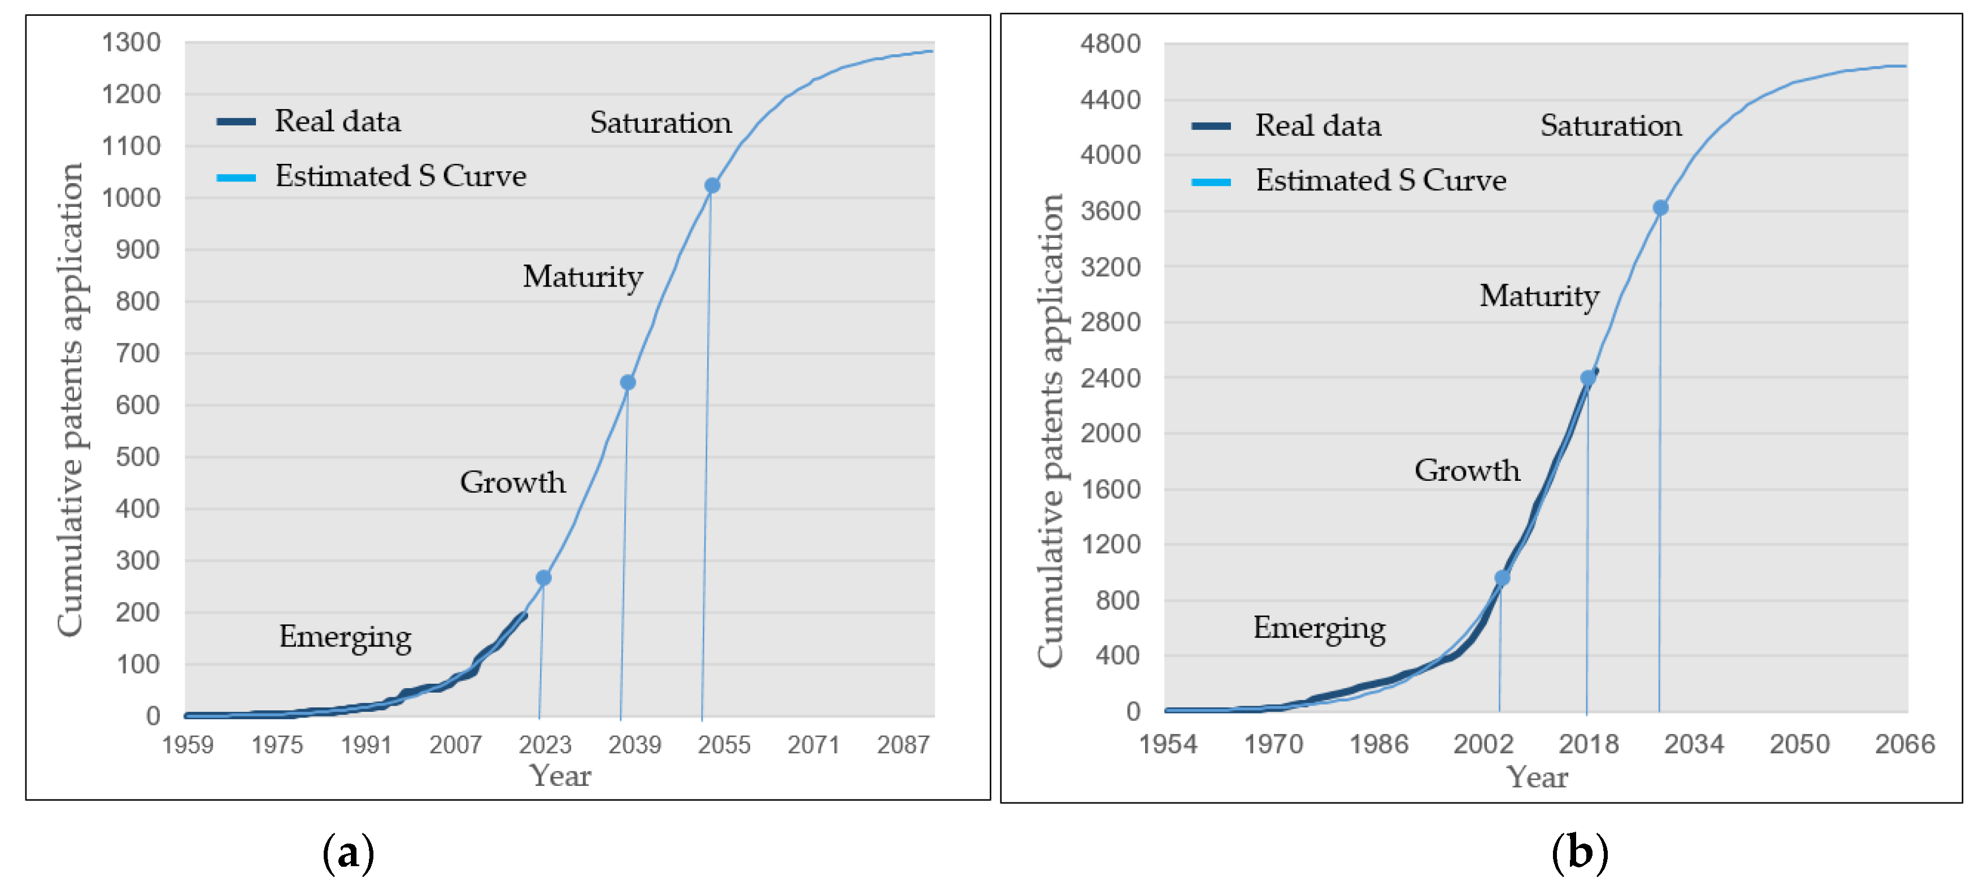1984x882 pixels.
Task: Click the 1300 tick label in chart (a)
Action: (131, 42)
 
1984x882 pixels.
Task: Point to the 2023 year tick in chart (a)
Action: (545, 744)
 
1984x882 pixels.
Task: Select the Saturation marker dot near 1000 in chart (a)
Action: (712, 186)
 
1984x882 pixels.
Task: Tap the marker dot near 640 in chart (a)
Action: (628, 383)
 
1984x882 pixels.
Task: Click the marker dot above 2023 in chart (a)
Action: (543, 577)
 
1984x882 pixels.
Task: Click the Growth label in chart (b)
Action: (1467, 470)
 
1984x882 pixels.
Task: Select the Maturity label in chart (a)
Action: (582, 276)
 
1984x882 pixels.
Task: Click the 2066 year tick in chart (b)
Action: (1904, 744)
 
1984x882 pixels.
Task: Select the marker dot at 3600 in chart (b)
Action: (1660, 208)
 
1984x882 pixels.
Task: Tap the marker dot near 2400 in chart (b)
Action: (1587, 378)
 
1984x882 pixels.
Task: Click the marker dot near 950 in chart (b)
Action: (1502, 577)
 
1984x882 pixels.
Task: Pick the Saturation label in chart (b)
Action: (1611, 125)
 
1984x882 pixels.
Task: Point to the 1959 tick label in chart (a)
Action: (187, 744)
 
